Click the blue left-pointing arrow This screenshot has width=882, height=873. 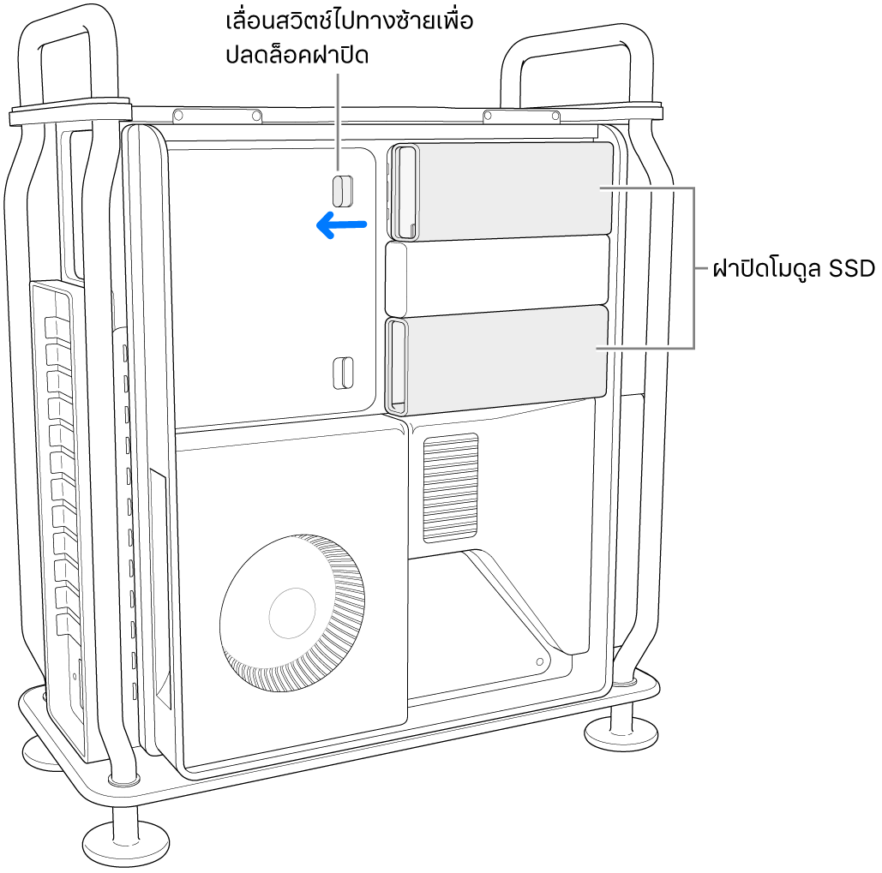click(x=341, y=225)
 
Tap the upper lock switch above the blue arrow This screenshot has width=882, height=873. click(x=343, y=190)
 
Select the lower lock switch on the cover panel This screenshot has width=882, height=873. click(x=343, y=373)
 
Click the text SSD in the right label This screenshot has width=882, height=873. click(x=852, y=269)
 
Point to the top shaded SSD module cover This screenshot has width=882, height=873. click(x=501, y=191)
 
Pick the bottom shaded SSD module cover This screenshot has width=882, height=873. click(x=496, y=360)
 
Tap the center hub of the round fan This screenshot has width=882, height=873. click(x=292, y=613)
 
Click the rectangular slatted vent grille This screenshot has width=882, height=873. click(x=451, y=488)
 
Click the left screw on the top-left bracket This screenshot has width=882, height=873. click(x=177, y=116)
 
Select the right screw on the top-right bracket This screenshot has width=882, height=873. click(x=555, y=117)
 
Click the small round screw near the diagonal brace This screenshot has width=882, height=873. click(x=541, y=661)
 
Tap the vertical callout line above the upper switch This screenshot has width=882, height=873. click(x=338, y=122)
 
